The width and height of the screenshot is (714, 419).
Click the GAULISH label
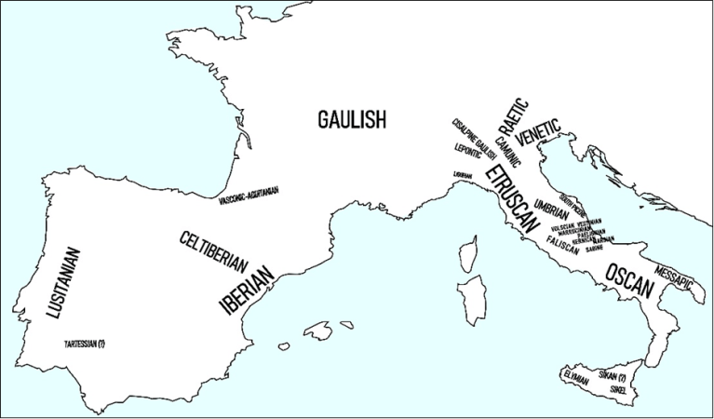351,119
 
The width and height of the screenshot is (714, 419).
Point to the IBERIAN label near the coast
247,289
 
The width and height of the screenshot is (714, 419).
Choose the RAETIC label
512,116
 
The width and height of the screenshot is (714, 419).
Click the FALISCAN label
563,245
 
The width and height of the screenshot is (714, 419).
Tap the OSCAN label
629,280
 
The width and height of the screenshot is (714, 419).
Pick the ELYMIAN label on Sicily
575,375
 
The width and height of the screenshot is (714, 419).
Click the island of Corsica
469,252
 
